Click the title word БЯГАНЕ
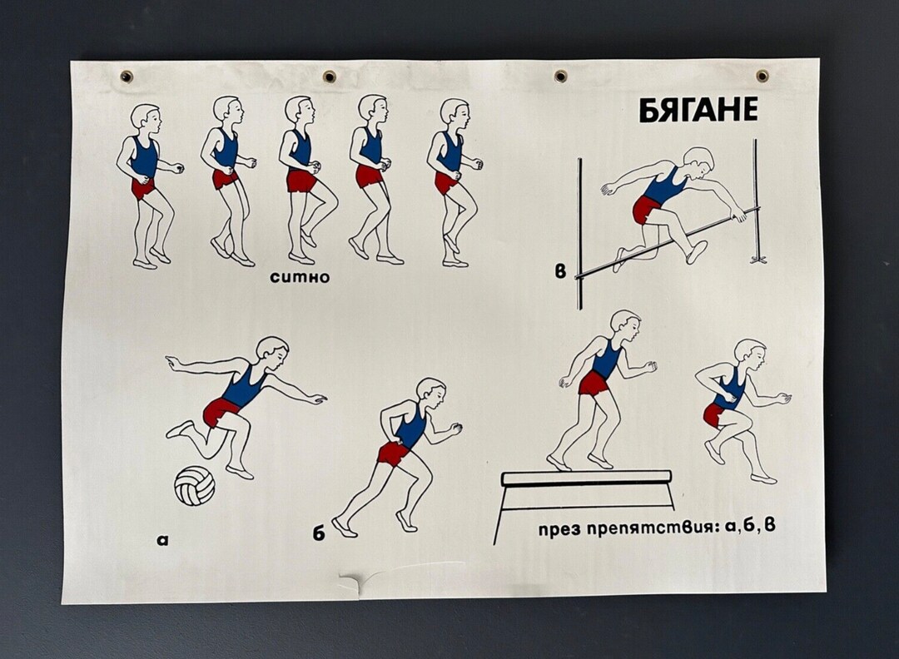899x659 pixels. pos(698,110)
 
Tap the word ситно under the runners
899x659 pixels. pos(300,277)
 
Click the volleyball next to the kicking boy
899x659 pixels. pos(194,485)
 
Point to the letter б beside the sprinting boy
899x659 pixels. pos(319,533)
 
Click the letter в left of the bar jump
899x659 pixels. pos(560,270)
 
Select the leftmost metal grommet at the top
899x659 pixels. pos(127,77)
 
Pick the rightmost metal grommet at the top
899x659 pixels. pos(762,76)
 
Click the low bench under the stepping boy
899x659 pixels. pos(586,478)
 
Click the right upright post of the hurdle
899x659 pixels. pos(757,200)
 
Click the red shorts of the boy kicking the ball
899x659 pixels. pos(221,410)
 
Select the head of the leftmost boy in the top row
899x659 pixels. pos(146,116)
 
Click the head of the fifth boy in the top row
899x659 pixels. pos(454,111)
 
